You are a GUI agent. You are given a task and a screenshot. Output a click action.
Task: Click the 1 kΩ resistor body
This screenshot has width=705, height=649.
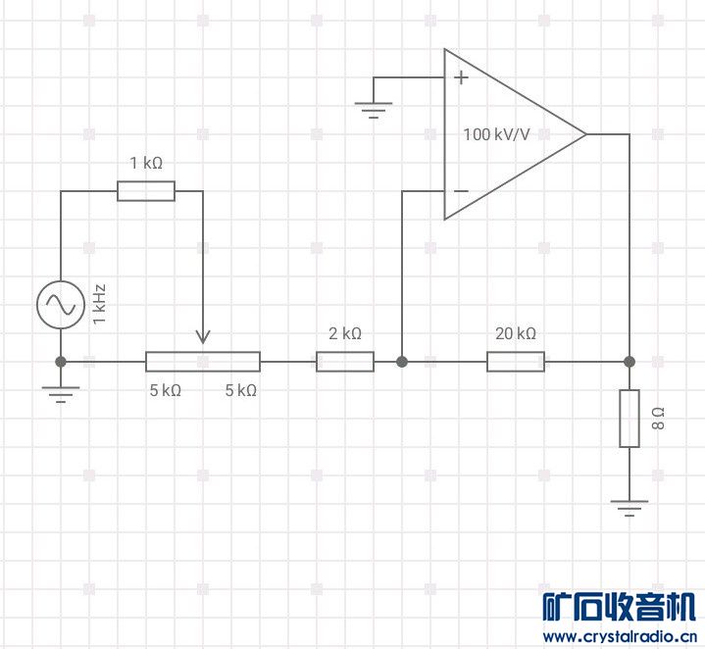tap(146, 191)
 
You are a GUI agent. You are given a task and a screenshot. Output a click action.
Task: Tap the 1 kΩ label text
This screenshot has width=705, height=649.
tap(146, 163)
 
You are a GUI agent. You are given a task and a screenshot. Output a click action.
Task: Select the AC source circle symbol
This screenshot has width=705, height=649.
tap(61, 305)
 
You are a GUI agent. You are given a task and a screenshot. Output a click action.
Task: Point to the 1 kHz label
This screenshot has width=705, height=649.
tap(99, 304)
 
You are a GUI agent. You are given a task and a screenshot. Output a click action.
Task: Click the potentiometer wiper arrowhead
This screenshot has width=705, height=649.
tap(203, 336)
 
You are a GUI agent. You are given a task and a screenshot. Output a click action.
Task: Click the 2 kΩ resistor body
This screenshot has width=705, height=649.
tap(345, 362)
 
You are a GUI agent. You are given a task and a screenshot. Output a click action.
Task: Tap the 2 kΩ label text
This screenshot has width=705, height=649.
tap(345, 333)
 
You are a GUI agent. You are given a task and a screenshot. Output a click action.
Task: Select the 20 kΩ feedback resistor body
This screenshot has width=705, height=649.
tap(516, 362)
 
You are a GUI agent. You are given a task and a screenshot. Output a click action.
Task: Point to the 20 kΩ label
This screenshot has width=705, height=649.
tap(516, 333)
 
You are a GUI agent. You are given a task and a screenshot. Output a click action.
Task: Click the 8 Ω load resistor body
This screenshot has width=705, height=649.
tap(629, 419)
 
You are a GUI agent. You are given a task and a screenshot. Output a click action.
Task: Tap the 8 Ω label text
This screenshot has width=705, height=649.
tap(658, 419)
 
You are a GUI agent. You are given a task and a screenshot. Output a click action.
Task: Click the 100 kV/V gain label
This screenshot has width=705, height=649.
tap(496, 134)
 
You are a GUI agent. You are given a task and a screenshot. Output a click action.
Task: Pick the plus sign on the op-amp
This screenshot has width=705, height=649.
tap(461, 77)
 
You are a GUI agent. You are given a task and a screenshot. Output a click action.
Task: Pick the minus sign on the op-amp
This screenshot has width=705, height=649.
tap(461, 191)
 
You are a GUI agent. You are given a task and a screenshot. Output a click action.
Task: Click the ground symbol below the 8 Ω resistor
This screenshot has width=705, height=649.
tap(629, 508)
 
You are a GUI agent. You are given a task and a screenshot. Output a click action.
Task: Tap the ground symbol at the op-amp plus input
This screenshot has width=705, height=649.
tap(374, 110)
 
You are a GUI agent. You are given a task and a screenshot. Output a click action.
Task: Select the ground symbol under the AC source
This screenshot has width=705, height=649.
tap(61, 394)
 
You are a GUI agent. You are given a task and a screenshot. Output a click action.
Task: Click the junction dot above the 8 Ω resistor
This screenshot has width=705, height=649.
tap(629, 362)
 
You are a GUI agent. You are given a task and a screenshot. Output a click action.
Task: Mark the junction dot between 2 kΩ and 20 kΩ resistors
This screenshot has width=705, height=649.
tap(402, 362)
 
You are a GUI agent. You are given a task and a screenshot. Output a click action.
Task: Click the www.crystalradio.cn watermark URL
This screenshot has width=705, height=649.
tap(620, 636)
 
